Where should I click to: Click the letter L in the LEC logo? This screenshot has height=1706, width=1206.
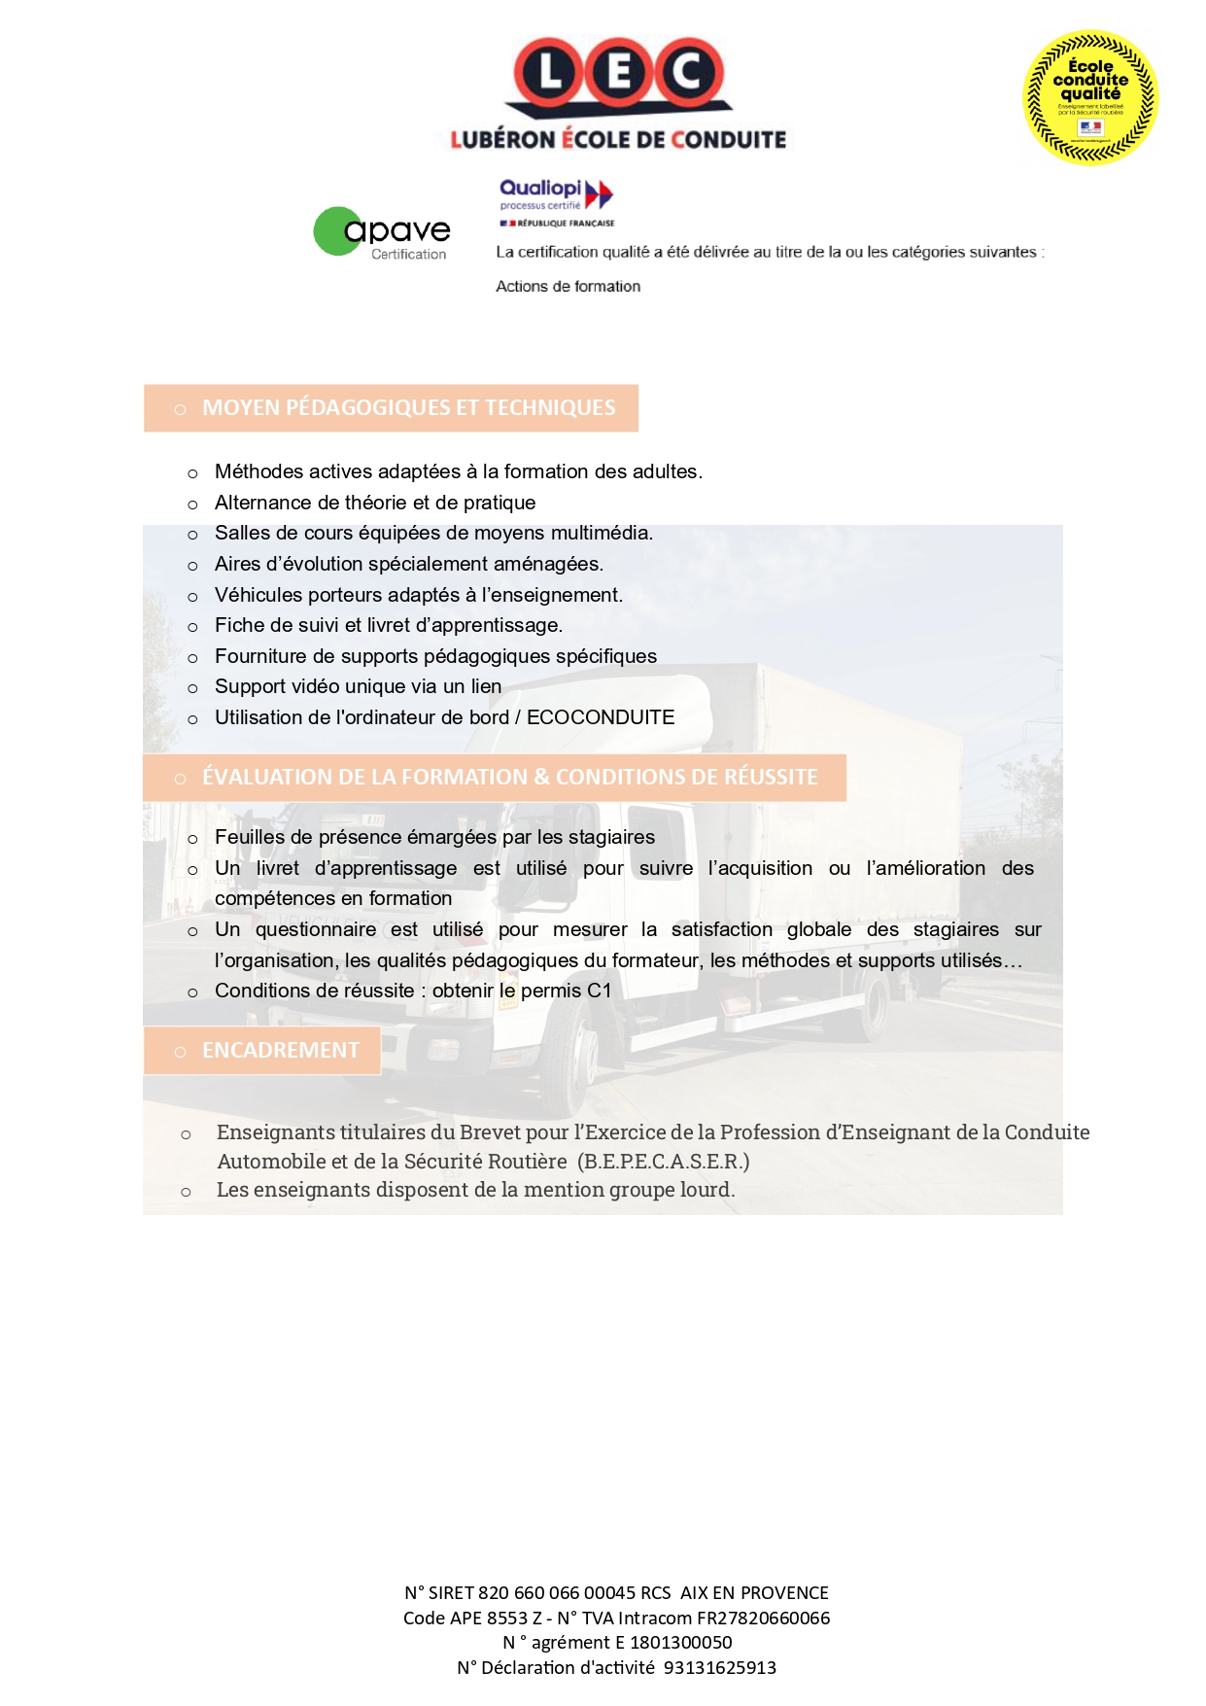pyautogui.click(x=549, y=73)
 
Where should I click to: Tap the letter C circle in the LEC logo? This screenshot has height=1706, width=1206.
pyautogui.click(x=687, y=73)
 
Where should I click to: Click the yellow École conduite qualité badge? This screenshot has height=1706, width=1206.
pyautogui.click(x=1090, y=97)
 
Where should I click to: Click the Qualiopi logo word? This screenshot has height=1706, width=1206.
pyautogui.click(x=540, y=189)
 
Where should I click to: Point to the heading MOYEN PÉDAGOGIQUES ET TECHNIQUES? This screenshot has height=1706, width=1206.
pyautogui.click(x=408, y=408)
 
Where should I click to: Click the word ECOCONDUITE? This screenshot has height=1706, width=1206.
pyautogui.click(x=601, y=717)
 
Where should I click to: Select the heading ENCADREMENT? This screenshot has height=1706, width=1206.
pyautogui.click(x=280, y=1051)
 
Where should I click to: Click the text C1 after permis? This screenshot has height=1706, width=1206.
pyautogui.click(x=600, y=991)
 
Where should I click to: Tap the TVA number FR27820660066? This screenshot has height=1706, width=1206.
pyautogui.click(x=763, y=1618)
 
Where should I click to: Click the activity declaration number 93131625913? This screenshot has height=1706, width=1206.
pyautogui.click(x=720, y=1668)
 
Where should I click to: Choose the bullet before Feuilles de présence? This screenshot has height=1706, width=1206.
pyautogui.click(x=192, y=839)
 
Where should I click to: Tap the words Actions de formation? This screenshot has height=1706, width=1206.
pyautogui.click(x=568, y=287)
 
